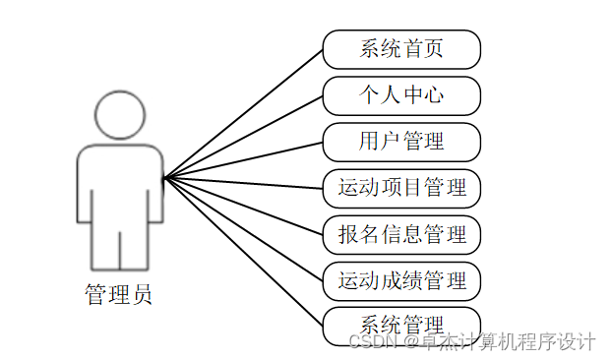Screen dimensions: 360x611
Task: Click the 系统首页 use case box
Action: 401,49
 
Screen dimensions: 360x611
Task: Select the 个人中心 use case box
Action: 401,95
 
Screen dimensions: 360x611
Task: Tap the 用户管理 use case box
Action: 401,142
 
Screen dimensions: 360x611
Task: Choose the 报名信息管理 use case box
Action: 401,234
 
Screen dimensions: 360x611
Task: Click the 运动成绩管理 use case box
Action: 401,280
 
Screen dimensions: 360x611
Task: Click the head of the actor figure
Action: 119,115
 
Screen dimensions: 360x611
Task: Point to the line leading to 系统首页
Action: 244,113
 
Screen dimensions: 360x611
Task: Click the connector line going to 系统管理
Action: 244,251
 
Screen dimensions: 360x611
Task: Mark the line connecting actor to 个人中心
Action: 244,137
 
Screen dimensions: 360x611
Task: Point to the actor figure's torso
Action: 119,187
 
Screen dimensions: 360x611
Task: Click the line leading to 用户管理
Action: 244,159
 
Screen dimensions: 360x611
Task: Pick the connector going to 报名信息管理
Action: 244,206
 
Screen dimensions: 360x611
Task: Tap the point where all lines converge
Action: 165,178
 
